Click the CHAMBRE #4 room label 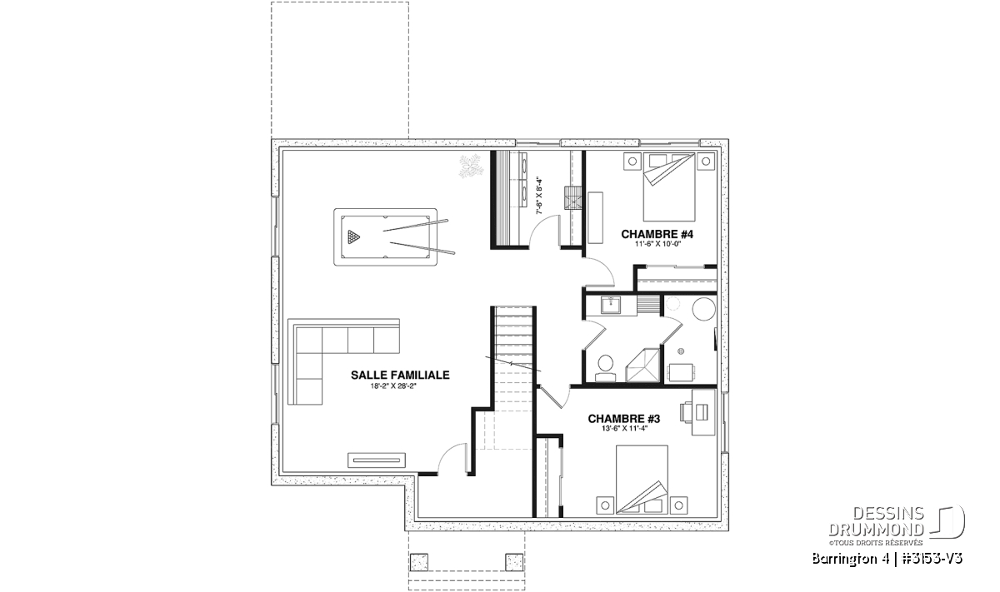tap(657, 234)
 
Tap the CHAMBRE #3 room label tap(623, 419)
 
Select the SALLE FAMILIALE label tap(400, 376)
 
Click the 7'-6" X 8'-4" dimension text tap(539, 197)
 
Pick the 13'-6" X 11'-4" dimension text tap(624, 428)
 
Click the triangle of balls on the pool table tap(353, 237)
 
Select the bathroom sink tap(609, 306)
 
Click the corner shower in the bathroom tap(643, 366)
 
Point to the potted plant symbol tap(471, 167)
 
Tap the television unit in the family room tap(377, 460)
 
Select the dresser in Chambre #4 tap(595, 217)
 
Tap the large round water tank tap(704, 308)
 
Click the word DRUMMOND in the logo tap(876, 530)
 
